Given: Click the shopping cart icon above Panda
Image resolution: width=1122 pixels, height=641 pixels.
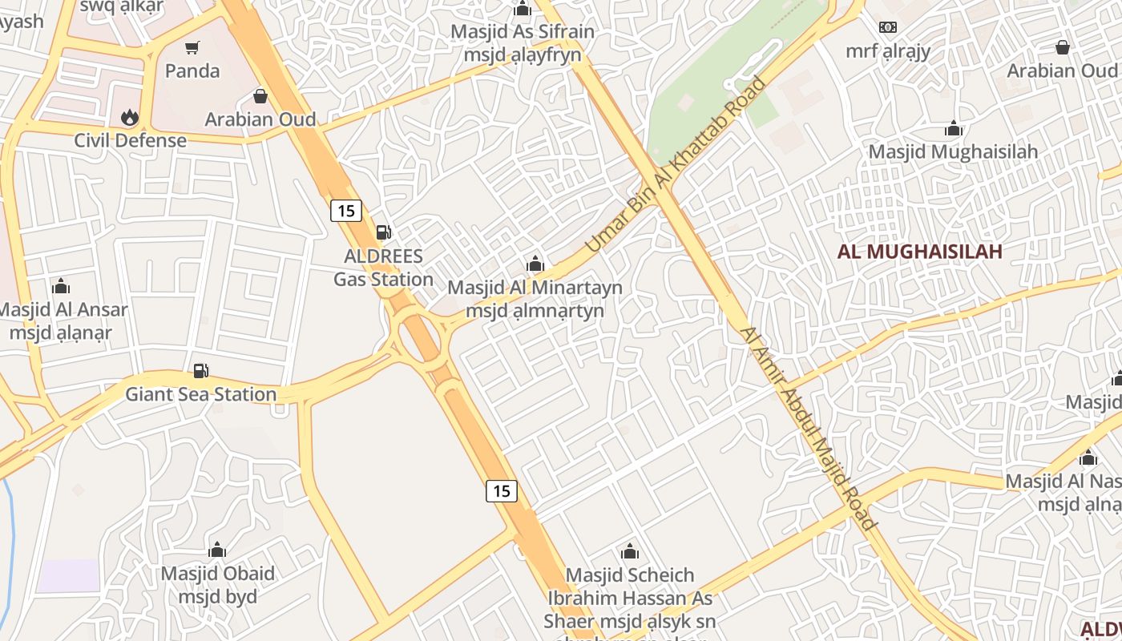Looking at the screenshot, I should (x=192, y=48).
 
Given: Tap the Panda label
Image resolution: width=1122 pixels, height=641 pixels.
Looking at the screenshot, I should (x=192, y=71).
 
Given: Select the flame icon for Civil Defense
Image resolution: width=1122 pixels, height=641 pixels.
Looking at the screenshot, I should (x=130, y=118).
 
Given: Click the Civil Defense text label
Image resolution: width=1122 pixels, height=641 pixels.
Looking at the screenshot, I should (x=131, y=140).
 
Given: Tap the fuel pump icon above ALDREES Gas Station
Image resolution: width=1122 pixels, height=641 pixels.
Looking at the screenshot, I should (x=384, y=232).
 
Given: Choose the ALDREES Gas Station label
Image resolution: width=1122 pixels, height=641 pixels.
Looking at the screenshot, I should (x=383, y=268).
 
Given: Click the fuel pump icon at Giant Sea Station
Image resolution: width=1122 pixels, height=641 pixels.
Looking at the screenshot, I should (x=201, y=371).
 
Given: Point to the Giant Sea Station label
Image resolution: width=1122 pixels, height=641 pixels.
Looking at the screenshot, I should (x=201, y=394).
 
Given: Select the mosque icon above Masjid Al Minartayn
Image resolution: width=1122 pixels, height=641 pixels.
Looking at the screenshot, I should (x=535, y=264).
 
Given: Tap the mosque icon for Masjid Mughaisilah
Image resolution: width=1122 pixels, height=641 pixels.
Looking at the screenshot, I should (x=954, y=128).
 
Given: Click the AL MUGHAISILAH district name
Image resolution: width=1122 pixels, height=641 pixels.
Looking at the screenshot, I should (x=920, y=252).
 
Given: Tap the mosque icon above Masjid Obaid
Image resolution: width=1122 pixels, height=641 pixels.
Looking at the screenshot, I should (x=217, y=550).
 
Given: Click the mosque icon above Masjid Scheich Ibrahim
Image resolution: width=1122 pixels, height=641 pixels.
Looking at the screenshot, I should (x=630, y=551).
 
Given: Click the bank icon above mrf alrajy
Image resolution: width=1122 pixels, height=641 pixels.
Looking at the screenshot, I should (x=888, y=27).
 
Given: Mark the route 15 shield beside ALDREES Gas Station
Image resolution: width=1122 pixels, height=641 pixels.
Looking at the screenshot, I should (x=346, y=211).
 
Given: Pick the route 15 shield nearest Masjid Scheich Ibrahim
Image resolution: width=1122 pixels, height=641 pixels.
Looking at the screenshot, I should (x=502, y=491).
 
